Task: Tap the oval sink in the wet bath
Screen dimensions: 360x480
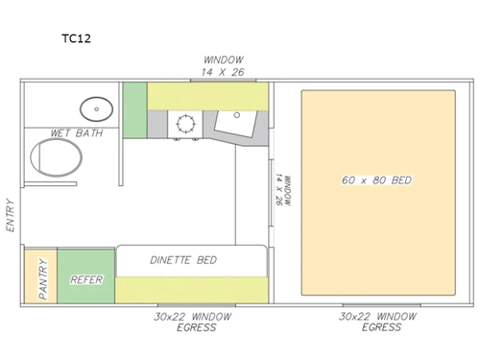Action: coord(95,108)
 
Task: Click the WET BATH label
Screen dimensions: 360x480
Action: coord(76,132)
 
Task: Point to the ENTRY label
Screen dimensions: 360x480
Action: coord(11,215)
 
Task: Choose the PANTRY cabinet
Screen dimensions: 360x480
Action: coord(40,276)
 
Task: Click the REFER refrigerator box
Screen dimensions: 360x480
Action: coord(86,279)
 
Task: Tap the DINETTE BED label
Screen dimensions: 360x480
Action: coord(183,260)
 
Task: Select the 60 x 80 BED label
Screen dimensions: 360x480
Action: coord(377,180)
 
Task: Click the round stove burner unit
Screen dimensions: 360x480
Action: coord(184,123)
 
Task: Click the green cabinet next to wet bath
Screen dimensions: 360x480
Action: coord(134,109)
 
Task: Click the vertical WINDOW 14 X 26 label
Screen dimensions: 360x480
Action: coord(280,190)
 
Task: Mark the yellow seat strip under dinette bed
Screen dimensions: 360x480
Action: coord(192,288)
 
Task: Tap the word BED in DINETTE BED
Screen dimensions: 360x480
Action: coord(205,260)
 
